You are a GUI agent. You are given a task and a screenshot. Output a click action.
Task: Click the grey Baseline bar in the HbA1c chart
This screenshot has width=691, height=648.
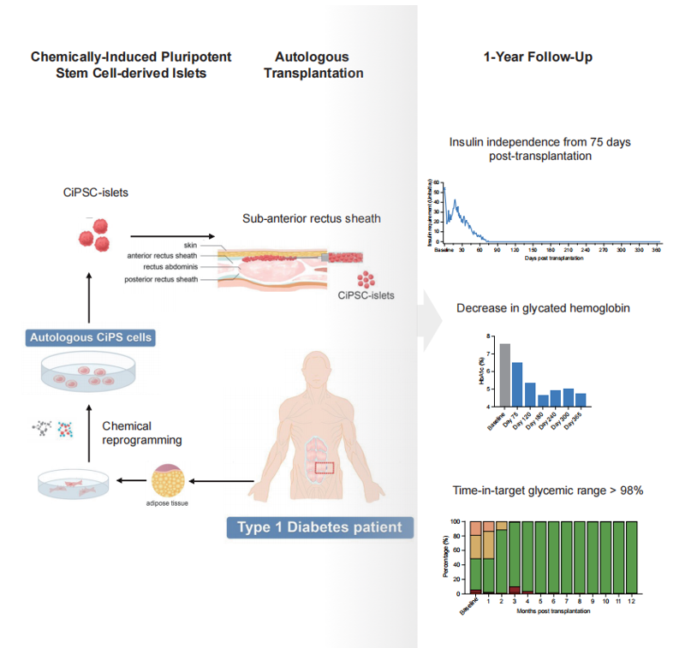tap(505, 378)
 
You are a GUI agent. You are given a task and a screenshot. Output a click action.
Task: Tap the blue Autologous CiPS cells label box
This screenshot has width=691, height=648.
tap(91, 337)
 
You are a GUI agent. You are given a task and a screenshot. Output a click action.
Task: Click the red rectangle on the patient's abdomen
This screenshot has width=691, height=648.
tap(325, 467)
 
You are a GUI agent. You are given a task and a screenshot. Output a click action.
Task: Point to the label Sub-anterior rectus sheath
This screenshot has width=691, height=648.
tap(312, 218)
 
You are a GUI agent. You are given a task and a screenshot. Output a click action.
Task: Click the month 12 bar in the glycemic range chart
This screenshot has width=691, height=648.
tap(631, 556)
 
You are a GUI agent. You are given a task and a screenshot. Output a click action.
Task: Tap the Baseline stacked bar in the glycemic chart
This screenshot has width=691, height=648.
tap(476, 556)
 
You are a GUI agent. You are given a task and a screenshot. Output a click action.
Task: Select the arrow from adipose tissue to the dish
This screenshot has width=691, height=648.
tap(133, 481)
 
